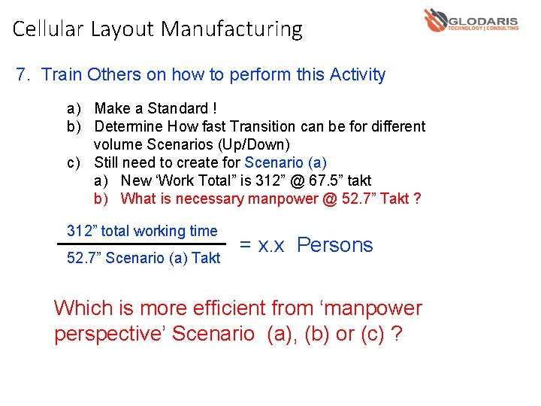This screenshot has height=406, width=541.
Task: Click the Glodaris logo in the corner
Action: click(471, 21)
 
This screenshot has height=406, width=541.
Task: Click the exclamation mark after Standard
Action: click(216, 108)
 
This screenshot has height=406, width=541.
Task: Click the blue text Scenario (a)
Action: click(286, 162)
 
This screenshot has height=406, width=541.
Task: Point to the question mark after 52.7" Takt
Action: click(417, 198)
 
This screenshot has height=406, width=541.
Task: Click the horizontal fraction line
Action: click(141, 244)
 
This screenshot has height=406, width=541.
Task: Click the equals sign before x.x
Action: click(245, 245)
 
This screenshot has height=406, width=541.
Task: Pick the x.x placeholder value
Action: click(270, 245)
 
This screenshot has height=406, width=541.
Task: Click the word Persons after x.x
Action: click(334, 245)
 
